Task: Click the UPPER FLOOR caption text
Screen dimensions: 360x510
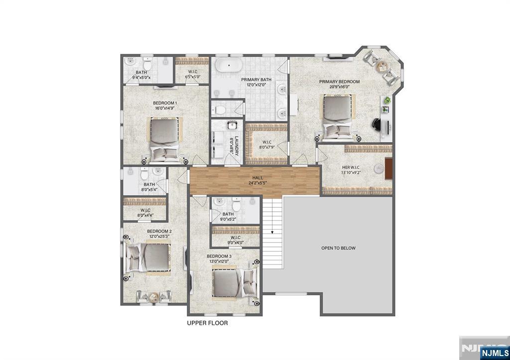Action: click(x=207, y=323)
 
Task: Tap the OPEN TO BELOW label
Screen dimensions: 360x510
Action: click(x=338, y=248)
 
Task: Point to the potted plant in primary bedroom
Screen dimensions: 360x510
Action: click(x=386, y=101)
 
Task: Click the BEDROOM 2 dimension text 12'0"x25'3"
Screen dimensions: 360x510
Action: click(x=159, y=237)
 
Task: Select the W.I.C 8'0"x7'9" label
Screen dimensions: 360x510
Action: click(x=266, y=144)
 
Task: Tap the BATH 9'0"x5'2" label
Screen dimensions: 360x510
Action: click(x=228, y=217)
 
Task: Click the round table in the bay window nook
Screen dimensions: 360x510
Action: click(x=382, y=65)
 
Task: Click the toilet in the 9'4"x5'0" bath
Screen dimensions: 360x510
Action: click(x=147, y=63)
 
